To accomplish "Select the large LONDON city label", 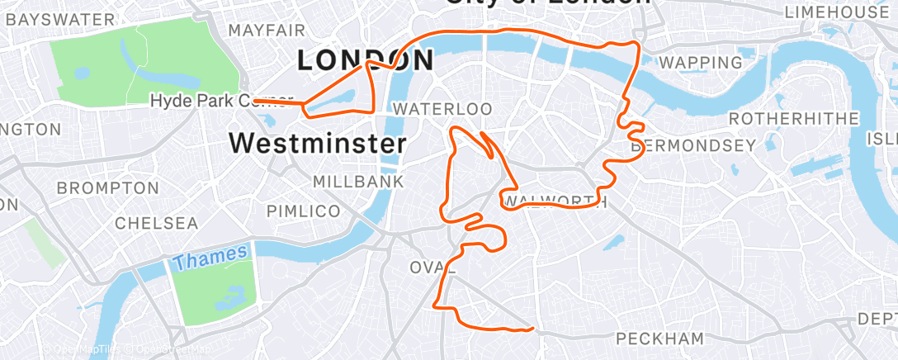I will (x=365, y=60).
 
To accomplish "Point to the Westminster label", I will (x=317, y=143).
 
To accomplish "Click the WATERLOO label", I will (x=442, y=109).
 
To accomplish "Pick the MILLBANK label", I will (x=358, y=181).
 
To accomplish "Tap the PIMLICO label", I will (x=304, y=211).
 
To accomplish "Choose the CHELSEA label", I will (x=156, y=223).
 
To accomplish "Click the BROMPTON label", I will (x=106, y=188).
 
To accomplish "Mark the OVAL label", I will (x=433, y=267).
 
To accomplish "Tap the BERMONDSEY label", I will (x=692, y=146).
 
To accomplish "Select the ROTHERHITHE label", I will (x=793, y=119).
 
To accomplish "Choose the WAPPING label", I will (x=701, y=63).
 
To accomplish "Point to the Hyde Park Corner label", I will (x=221, y=101).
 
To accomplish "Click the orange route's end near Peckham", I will (x=534, y=329).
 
